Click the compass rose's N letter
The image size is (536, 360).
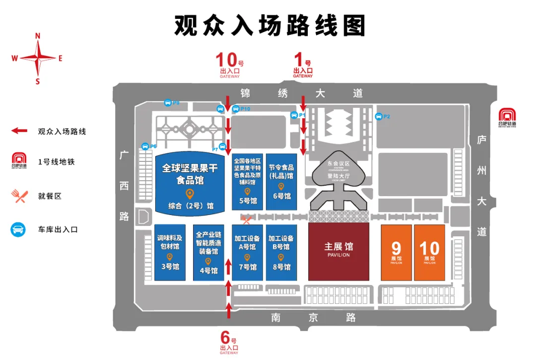point(38,36)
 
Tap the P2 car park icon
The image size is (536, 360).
point(379,116)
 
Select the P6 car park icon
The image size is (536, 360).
point(144,146)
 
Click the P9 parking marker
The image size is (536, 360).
point(168,103)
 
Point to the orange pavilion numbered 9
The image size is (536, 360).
point(397,252)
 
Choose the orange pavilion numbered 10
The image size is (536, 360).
point(429,252)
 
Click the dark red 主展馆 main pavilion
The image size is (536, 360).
point(339,251)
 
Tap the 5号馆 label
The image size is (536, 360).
point(248,201)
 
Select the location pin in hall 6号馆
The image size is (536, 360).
point(281,187)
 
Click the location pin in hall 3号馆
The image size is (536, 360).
point(169,257)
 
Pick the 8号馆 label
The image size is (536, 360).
point(281,267)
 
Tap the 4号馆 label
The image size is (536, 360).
point(208,271)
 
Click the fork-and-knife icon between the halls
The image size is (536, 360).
point(245,218)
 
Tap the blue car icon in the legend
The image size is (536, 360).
point(18,229)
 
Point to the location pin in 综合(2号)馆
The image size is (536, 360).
point(189,193)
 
